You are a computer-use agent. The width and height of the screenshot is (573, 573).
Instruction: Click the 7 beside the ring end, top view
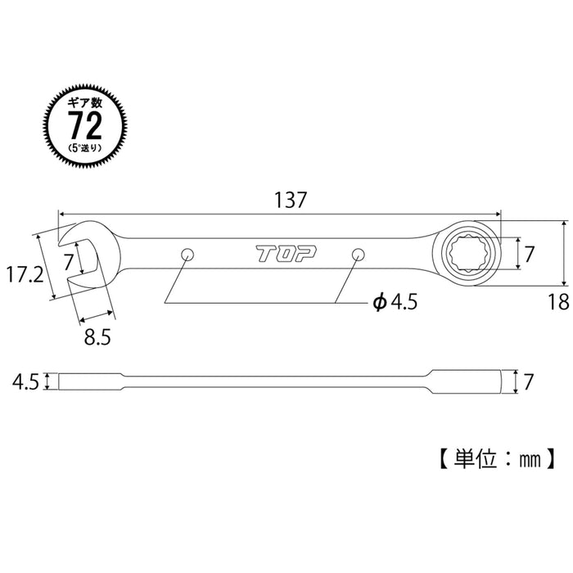pos(530,255)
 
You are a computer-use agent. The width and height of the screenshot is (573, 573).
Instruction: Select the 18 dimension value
pos(558,303)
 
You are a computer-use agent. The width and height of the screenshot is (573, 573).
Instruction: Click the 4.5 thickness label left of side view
pos(25,381)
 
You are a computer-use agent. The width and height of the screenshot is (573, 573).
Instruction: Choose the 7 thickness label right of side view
pos(530,380)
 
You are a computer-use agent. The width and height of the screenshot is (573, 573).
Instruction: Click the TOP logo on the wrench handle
pos(279,255)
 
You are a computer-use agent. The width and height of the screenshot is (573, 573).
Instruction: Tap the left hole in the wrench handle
pos(187,254)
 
